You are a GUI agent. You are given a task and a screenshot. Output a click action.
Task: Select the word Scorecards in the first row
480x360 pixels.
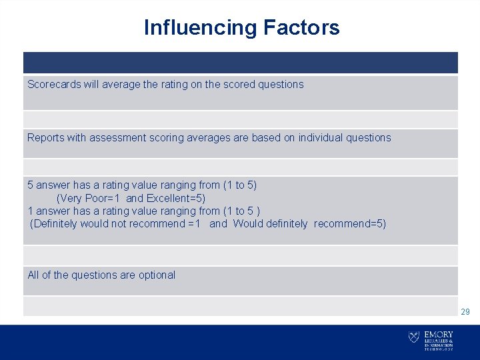point(54,85)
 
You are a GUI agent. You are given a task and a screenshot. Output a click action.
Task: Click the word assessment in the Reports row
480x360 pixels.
point(119,138)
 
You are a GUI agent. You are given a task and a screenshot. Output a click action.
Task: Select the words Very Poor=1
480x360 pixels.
point(88,198)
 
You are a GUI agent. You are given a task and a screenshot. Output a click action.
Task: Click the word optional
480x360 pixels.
point(157,275)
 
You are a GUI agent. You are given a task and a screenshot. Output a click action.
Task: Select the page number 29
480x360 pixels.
point(465,311)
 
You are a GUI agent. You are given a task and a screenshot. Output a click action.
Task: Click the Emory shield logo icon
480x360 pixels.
point(414,337)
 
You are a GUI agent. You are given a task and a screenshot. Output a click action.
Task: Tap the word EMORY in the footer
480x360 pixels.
point(439,335)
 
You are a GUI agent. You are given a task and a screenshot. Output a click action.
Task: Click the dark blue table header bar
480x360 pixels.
point(240,63)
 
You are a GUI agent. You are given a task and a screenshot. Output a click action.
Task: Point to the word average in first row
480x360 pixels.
point(121,85)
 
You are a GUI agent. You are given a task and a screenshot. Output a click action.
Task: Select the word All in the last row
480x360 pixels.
point(33,275)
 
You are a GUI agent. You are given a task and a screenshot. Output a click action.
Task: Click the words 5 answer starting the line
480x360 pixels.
point(47,185)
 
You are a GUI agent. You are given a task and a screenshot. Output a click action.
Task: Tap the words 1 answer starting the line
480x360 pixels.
point(47,211)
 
